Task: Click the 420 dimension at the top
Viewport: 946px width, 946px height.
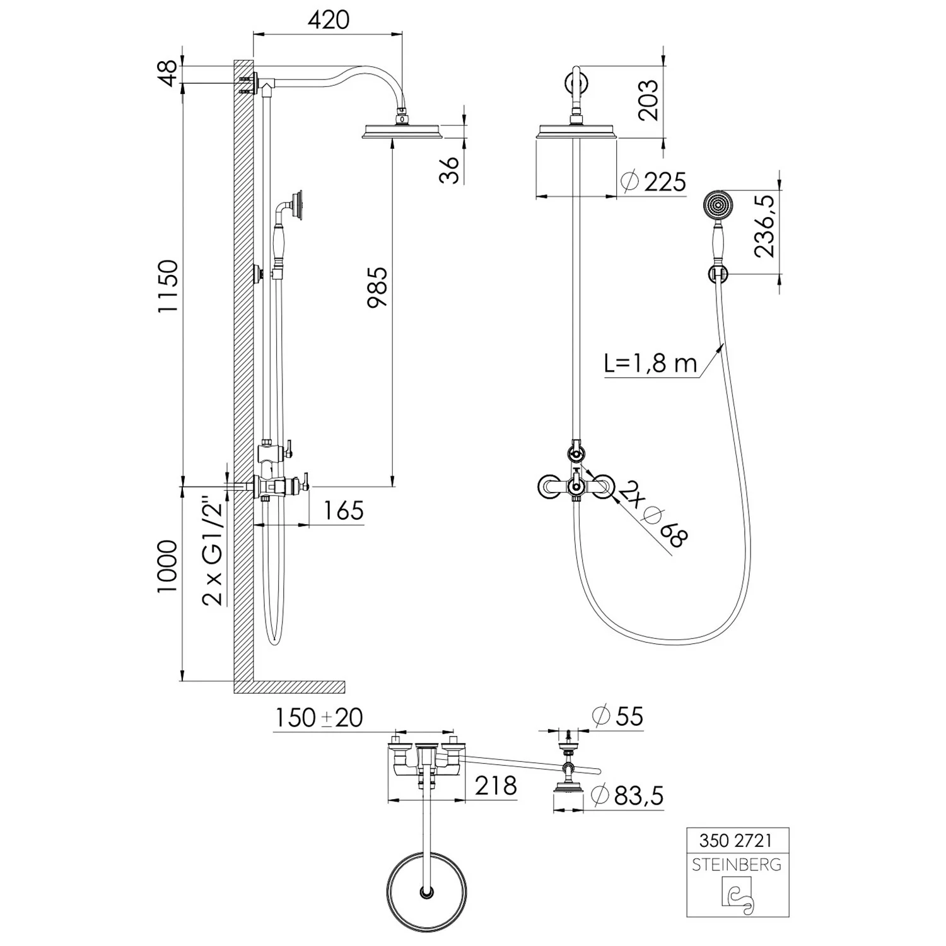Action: [328, 20]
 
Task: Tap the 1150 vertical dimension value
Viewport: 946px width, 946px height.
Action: [168, 287]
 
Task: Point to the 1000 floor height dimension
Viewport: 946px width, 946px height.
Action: [168, 566]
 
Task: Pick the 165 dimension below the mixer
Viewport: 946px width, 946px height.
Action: [344, 510]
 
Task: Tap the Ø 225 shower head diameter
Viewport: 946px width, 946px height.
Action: [653, 182]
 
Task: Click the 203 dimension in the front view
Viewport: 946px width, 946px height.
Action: [648, 100]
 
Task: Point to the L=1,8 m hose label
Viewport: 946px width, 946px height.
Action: [650, 364]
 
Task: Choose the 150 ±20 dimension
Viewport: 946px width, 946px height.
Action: [319, 718]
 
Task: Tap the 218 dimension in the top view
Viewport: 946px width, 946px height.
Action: [496, 786]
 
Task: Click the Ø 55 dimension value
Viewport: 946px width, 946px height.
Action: [617, 716]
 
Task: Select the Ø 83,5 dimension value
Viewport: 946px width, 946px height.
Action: [628, 796]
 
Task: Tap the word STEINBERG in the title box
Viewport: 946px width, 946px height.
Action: [737, 865]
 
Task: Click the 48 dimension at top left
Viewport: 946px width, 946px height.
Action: [167, 74]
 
